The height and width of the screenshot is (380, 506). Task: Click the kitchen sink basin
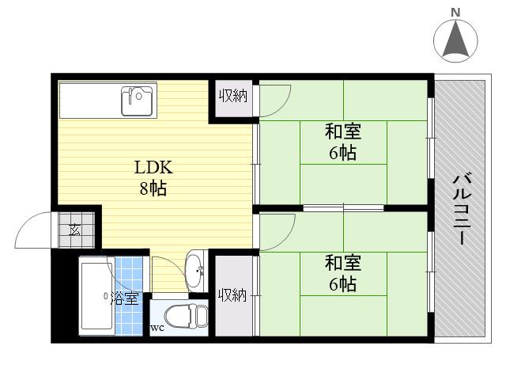coord(137,101)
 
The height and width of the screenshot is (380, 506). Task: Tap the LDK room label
coord(153,168)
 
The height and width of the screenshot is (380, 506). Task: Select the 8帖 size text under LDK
coord(153,188)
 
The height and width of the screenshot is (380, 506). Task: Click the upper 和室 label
coord(343,131)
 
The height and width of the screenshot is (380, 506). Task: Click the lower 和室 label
coord(343,263)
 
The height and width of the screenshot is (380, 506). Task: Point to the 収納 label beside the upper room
coord(233,96)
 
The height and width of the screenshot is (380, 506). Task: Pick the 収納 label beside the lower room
coord(232,295)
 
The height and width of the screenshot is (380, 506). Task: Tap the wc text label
coord(157,328)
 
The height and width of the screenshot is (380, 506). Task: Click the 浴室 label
coord(125,298)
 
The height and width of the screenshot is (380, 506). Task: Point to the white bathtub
coord(96,296)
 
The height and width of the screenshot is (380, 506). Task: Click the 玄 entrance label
coord(75,230)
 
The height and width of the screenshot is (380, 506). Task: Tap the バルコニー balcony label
coord(463,209)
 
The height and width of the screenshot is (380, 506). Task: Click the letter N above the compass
coord(455,13)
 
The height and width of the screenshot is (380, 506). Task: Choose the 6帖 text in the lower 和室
coord(343,284)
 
